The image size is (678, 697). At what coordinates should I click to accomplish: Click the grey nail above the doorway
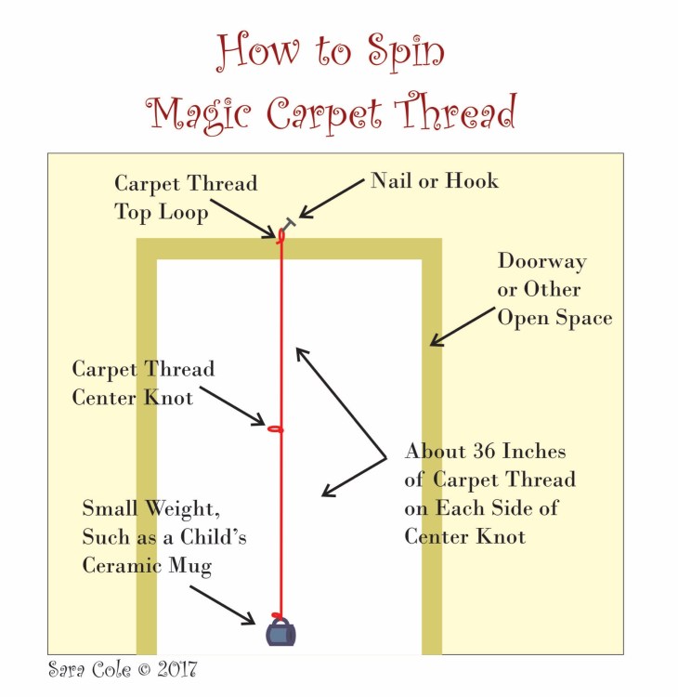pyautogui.click(x=289, y=223)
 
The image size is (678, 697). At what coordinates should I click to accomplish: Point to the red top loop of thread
pyautogui.click(x=280, y=233)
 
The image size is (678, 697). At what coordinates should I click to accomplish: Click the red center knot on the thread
pyautogui.click(x=275, y=429)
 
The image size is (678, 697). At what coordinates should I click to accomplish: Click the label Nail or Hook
pyautogui.click(x=435, y=180)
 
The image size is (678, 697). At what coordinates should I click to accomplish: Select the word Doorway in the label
pyautogui.click(x=542, y=261)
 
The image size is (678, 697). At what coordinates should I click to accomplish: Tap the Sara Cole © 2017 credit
pyautogui.click(x=122, y=668)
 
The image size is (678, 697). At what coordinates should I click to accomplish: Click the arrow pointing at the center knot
pyautogui.click(x=232, y=406)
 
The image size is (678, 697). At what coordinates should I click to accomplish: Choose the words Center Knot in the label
pyautogui.click(x=133, y=398)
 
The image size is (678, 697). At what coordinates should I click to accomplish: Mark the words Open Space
pyautogui.click(x=554, y=318)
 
